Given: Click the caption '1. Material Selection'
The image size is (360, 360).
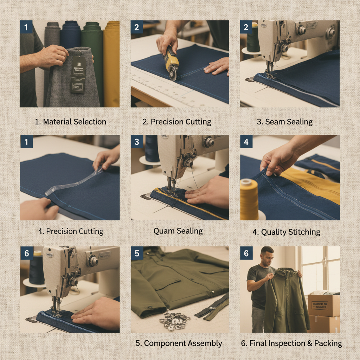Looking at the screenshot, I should pyautogui.click(x=70, y=122).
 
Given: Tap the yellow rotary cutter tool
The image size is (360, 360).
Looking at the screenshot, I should pyautogui.click(x=172, y=63).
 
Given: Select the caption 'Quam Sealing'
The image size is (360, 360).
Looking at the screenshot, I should pyautogui.click(x=178, y=231).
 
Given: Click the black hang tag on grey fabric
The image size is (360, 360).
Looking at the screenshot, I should pyautogui.click(x=78, y=75).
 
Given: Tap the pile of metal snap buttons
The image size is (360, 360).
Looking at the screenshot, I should pyautogui.click(x=174, y=321).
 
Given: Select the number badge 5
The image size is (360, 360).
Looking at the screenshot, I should pyautogui.click(x=137, y=253).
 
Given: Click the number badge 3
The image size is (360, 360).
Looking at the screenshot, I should pyautogui.click(x=137, y=142).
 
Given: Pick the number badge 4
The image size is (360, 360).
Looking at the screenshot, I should pyautogui.click(x=246, y=142).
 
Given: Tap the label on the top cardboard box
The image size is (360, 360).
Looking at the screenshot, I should pyautogui.click(x=320, y=305).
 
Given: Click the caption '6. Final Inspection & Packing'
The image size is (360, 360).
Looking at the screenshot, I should pyautogui.click(x=291, y=343).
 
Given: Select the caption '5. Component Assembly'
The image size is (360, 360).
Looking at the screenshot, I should pyautogui.click(x=179, y=343).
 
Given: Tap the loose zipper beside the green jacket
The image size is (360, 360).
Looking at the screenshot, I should pyautogui.click(x=213, y=307).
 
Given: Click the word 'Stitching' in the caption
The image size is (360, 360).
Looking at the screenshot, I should pyautogui.click(x=304, y=232).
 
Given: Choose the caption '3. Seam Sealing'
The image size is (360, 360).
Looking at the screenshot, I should pyautogui.click(x=284, y=122).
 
